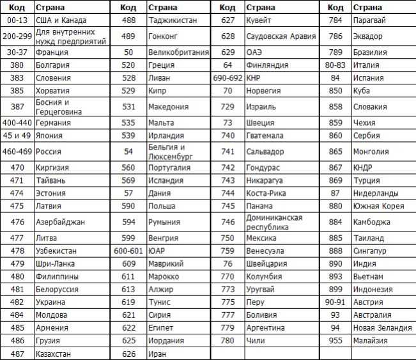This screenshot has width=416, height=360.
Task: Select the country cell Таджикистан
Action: coord(173,20)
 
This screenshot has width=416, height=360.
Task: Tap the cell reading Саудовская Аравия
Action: coord(281,36)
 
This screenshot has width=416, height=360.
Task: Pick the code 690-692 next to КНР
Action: coord(227,78)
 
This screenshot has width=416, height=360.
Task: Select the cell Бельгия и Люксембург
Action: coord(169,151)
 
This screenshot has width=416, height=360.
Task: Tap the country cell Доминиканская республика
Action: coord(275,222)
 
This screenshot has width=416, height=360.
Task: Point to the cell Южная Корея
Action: coord(378,206)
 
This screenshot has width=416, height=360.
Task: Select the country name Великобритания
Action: coord(178,52)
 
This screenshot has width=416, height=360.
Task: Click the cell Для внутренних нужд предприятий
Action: coord(66,36)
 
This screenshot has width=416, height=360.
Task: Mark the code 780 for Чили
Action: coord(227,341)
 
